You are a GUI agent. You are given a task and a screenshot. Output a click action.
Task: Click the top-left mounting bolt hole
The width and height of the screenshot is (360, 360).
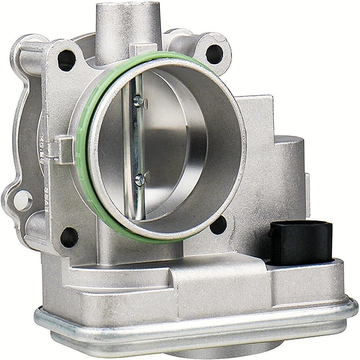[67, 60]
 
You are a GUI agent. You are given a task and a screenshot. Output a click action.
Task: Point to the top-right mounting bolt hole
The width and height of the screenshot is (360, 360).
[214, 54]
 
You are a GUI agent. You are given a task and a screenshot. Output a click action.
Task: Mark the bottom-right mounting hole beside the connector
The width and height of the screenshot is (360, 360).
[219, 225]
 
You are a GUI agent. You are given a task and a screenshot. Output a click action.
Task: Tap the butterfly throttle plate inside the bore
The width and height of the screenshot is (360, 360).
[173, 144]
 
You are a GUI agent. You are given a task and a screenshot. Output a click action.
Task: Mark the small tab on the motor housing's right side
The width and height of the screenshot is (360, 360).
[307, 185]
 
